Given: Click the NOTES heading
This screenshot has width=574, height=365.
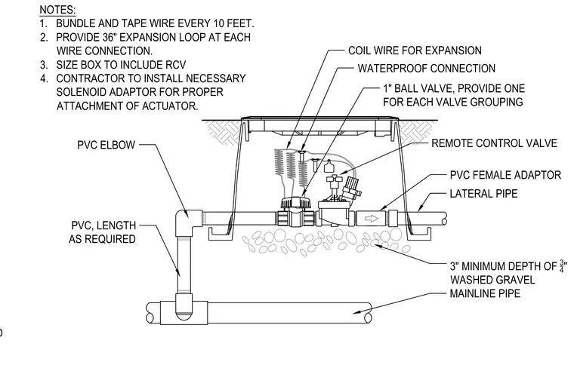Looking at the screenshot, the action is [57, 10].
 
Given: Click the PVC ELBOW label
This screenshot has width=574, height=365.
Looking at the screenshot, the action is [106, 145].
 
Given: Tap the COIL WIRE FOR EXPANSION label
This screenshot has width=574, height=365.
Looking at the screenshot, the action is [415, 51].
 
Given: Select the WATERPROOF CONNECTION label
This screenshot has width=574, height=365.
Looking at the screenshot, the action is [426, 69].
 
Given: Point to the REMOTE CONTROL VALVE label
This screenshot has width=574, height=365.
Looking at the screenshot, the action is [494, 143].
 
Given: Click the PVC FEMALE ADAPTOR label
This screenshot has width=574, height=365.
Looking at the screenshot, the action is [505, 175].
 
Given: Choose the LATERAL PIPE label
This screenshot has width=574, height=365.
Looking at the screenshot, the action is [483, 194].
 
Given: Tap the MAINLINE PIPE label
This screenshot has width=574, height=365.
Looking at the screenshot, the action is [485, 293].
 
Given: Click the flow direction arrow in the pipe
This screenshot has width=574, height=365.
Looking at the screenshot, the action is [372, 219].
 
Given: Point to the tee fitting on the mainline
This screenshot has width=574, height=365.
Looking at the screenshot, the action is [184, 312].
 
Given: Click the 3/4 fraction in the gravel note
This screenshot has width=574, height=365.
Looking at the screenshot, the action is [562, 266].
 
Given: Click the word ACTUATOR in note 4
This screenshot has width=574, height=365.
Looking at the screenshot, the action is [170, 106].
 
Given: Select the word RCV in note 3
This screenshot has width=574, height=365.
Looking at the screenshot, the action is [175, 65].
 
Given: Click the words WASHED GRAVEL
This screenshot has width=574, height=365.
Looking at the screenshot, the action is [492, 280].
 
